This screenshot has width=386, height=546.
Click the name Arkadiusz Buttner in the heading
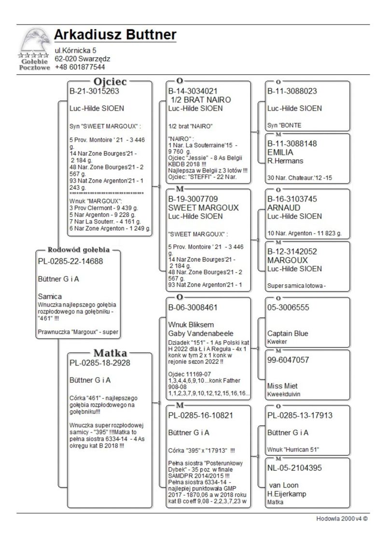coord(115,35)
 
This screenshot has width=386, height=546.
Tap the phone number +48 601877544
coord(80,67)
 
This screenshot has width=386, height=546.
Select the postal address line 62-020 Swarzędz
coord(82,59)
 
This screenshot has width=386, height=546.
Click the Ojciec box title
coord(110,82)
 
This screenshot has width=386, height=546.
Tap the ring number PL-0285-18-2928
coord(98,362)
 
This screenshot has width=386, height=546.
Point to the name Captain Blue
coord(288,334)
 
